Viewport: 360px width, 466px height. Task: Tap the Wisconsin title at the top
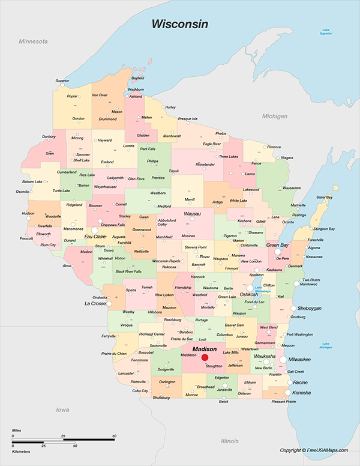[179, 24]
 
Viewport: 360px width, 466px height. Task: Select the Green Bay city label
[277, 245]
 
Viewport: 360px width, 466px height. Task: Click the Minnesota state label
[33, 42]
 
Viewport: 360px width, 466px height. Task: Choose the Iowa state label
[62, 410]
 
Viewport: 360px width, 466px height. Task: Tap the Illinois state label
[229, 441]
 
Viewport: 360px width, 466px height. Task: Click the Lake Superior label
[326, 32]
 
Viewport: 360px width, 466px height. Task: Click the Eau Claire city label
[95, 237]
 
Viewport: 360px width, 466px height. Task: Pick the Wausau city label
[192, 214]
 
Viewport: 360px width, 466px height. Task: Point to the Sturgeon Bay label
[323, 229]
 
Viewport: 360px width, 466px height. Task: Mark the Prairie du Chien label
[113, 354]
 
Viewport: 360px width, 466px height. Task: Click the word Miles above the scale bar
[17, 431]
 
